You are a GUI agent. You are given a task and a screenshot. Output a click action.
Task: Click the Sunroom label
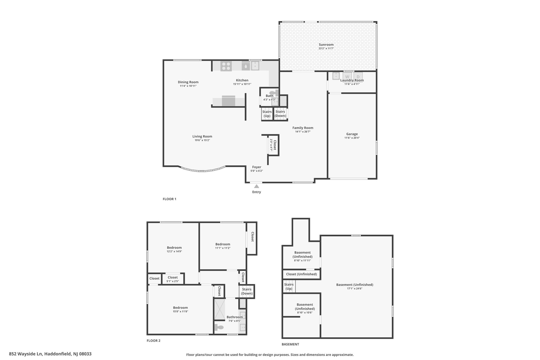[326, 45]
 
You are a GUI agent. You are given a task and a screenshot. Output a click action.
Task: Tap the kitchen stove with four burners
[226, 66]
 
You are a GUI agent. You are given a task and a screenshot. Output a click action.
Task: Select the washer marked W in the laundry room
[347, 76]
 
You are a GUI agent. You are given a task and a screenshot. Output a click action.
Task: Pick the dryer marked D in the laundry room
[358, 76]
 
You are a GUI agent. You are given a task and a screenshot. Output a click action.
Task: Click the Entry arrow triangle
[257, 186]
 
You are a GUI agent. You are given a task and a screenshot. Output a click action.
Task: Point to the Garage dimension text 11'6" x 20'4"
[352, 138]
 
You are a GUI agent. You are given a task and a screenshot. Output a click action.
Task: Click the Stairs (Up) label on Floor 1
[267, 114]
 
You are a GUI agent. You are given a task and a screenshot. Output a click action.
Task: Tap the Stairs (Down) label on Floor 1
[280, 114]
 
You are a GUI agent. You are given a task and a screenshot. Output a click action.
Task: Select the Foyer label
[257, 167]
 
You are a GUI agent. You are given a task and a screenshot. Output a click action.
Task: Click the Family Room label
[303, 128]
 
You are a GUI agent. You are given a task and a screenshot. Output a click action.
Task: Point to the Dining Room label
[188, 82]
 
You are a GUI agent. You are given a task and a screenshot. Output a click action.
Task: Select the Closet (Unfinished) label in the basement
[301, 274]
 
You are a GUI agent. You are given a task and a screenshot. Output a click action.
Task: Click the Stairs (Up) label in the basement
[289, 286]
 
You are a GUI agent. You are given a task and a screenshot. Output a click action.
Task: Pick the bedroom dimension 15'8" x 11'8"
[180, 311]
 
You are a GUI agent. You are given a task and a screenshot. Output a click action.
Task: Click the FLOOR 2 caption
[153, 340]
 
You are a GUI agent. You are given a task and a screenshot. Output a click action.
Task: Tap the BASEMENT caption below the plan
[290, 344]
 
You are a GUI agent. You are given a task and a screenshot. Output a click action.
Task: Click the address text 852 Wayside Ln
[26, 354]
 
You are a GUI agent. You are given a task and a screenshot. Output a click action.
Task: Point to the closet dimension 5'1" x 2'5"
[173, 281]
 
